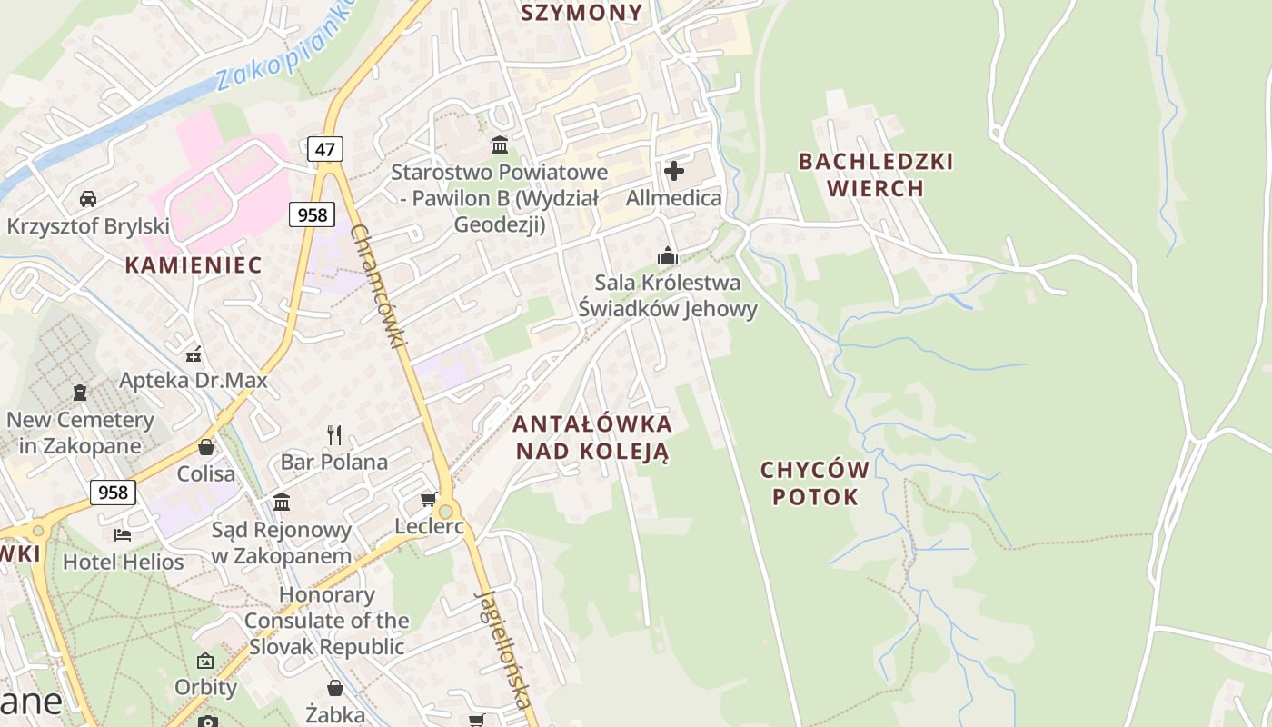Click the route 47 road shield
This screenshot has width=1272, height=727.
[324, 148]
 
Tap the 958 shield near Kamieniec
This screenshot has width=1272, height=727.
[313, 214]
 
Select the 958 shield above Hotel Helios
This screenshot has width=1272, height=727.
[113, 493]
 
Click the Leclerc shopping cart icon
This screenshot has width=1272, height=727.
[429, 499]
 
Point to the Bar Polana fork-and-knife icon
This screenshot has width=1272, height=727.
[334, 435]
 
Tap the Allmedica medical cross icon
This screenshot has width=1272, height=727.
[674, 171]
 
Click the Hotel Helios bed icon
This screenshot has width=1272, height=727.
[123, 534]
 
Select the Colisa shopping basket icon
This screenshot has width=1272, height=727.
[206, 447]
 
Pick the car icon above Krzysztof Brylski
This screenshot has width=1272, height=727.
[88, 198]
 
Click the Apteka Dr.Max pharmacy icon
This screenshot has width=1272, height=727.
[193, 354]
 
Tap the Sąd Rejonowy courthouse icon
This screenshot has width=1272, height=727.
[282, 502]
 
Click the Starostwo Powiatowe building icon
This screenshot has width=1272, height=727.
[499, 144]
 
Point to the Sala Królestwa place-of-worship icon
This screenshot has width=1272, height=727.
[668, 255]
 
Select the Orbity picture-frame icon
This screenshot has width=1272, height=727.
[205, 661]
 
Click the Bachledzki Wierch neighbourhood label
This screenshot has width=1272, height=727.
[876, 174]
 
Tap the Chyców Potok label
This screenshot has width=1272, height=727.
[815, 483]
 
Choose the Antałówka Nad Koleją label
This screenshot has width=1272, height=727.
[592, 437]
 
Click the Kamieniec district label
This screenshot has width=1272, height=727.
[193, 265]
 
